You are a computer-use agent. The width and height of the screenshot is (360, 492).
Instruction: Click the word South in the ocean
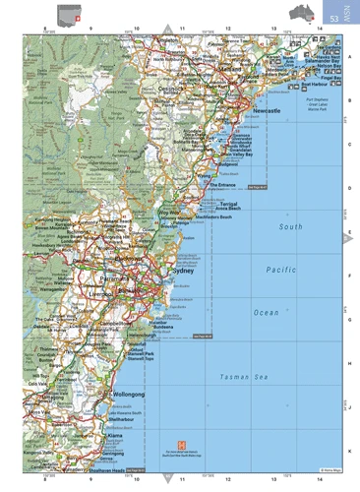[x=290, y=226]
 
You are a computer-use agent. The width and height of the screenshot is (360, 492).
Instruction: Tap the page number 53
[x=335, y=19]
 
